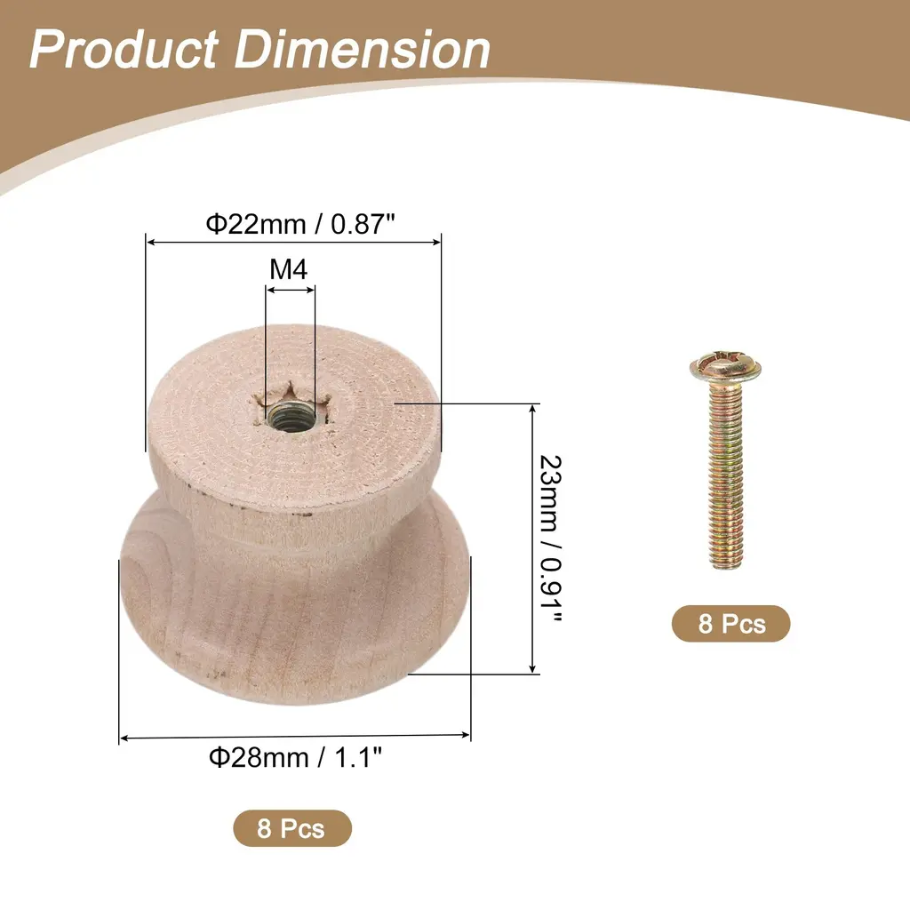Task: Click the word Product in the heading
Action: tap(124, 50)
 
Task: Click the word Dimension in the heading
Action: tap(363, 50)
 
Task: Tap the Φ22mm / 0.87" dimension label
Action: tap(300, 223)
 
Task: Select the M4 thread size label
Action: tap(289, 269)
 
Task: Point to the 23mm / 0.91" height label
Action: tap(550, 539)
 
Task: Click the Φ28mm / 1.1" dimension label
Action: tap(295, 757)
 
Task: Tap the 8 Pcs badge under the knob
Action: tap(291, 828)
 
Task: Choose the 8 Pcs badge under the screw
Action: tap(731, 624)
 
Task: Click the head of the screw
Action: tap(725, 366)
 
